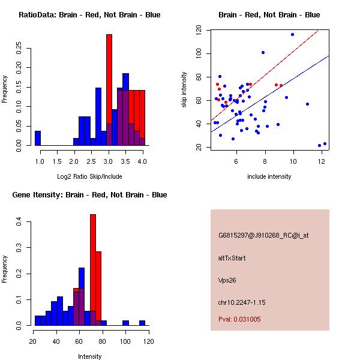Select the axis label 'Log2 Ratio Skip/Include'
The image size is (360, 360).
point(89,176)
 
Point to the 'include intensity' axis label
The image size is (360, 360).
point(269,176)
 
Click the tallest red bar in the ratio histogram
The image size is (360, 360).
point(109,90)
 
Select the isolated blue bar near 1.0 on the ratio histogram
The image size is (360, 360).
point(38,138)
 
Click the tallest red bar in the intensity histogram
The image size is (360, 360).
point(93,270)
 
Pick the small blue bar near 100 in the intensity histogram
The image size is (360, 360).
point(125,323)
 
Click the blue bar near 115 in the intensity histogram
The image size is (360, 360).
point(142,323)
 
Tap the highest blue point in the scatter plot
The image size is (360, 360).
point(292,34)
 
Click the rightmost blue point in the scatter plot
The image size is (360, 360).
point(325,144)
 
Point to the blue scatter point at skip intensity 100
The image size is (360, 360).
point(263,52)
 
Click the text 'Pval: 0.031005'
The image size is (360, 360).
point(239,319)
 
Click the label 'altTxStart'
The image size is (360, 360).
point(232,258)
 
